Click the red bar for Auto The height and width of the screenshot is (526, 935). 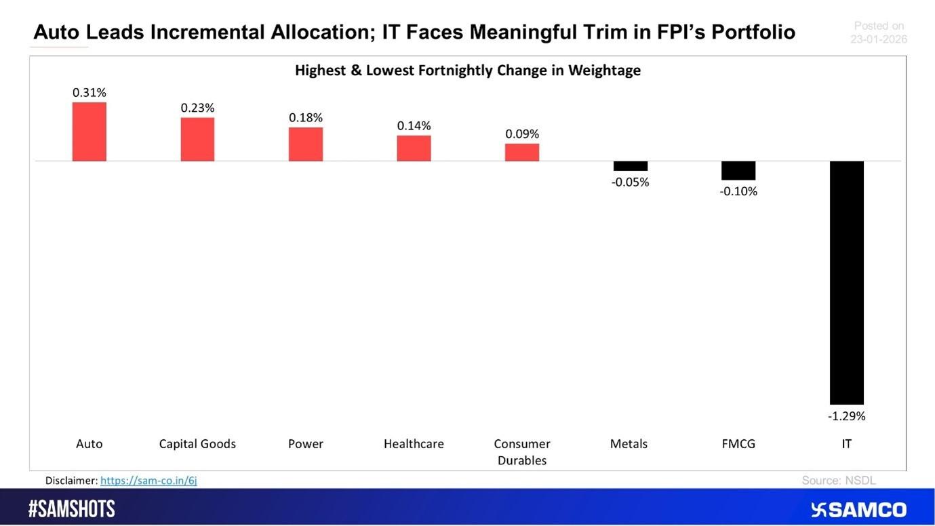click(x=89, y=131)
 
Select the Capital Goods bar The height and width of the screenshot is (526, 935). click(x=197, y=139)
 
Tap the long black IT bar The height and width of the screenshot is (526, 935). click(x=847, y=283)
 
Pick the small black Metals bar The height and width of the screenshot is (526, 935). click(x=631, y=166)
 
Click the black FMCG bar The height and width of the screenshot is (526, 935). click(x=738, y=170)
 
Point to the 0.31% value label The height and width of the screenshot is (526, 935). click(x=89, y=92)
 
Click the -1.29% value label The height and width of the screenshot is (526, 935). click(x=847, y=416)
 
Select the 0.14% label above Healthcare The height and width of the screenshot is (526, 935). click(x=414, y=125)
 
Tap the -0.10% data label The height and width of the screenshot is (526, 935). click(x=738, y=191)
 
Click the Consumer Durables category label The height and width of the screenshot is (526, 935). click(x=522, y=452)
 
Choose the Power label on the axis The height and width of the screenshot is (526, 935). click(x=306, y=444)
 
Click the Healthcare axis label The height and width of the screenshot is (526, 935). click(x=414, y=444)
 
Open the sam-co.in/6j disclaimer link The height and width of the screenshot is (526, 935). click(x=148, y=481)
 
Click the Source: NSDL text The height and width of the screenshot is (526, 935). click(x=839, y=480)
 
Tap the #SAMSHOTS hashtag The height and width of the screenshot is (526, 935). click(x=72, y=509)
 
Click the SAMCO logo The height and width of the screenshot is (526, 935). click(x=858, y=510)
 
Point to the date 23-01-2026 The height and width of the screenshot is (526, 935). click(x=879, y=39)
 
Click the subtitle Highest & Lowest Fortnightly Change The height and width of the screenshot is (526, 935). click(x=468, y=70)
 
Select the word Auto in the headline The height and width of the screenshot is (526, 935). click(x=56, y=32)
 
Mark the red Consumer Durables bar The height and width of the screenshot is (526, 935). click(x=522, y=152)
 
